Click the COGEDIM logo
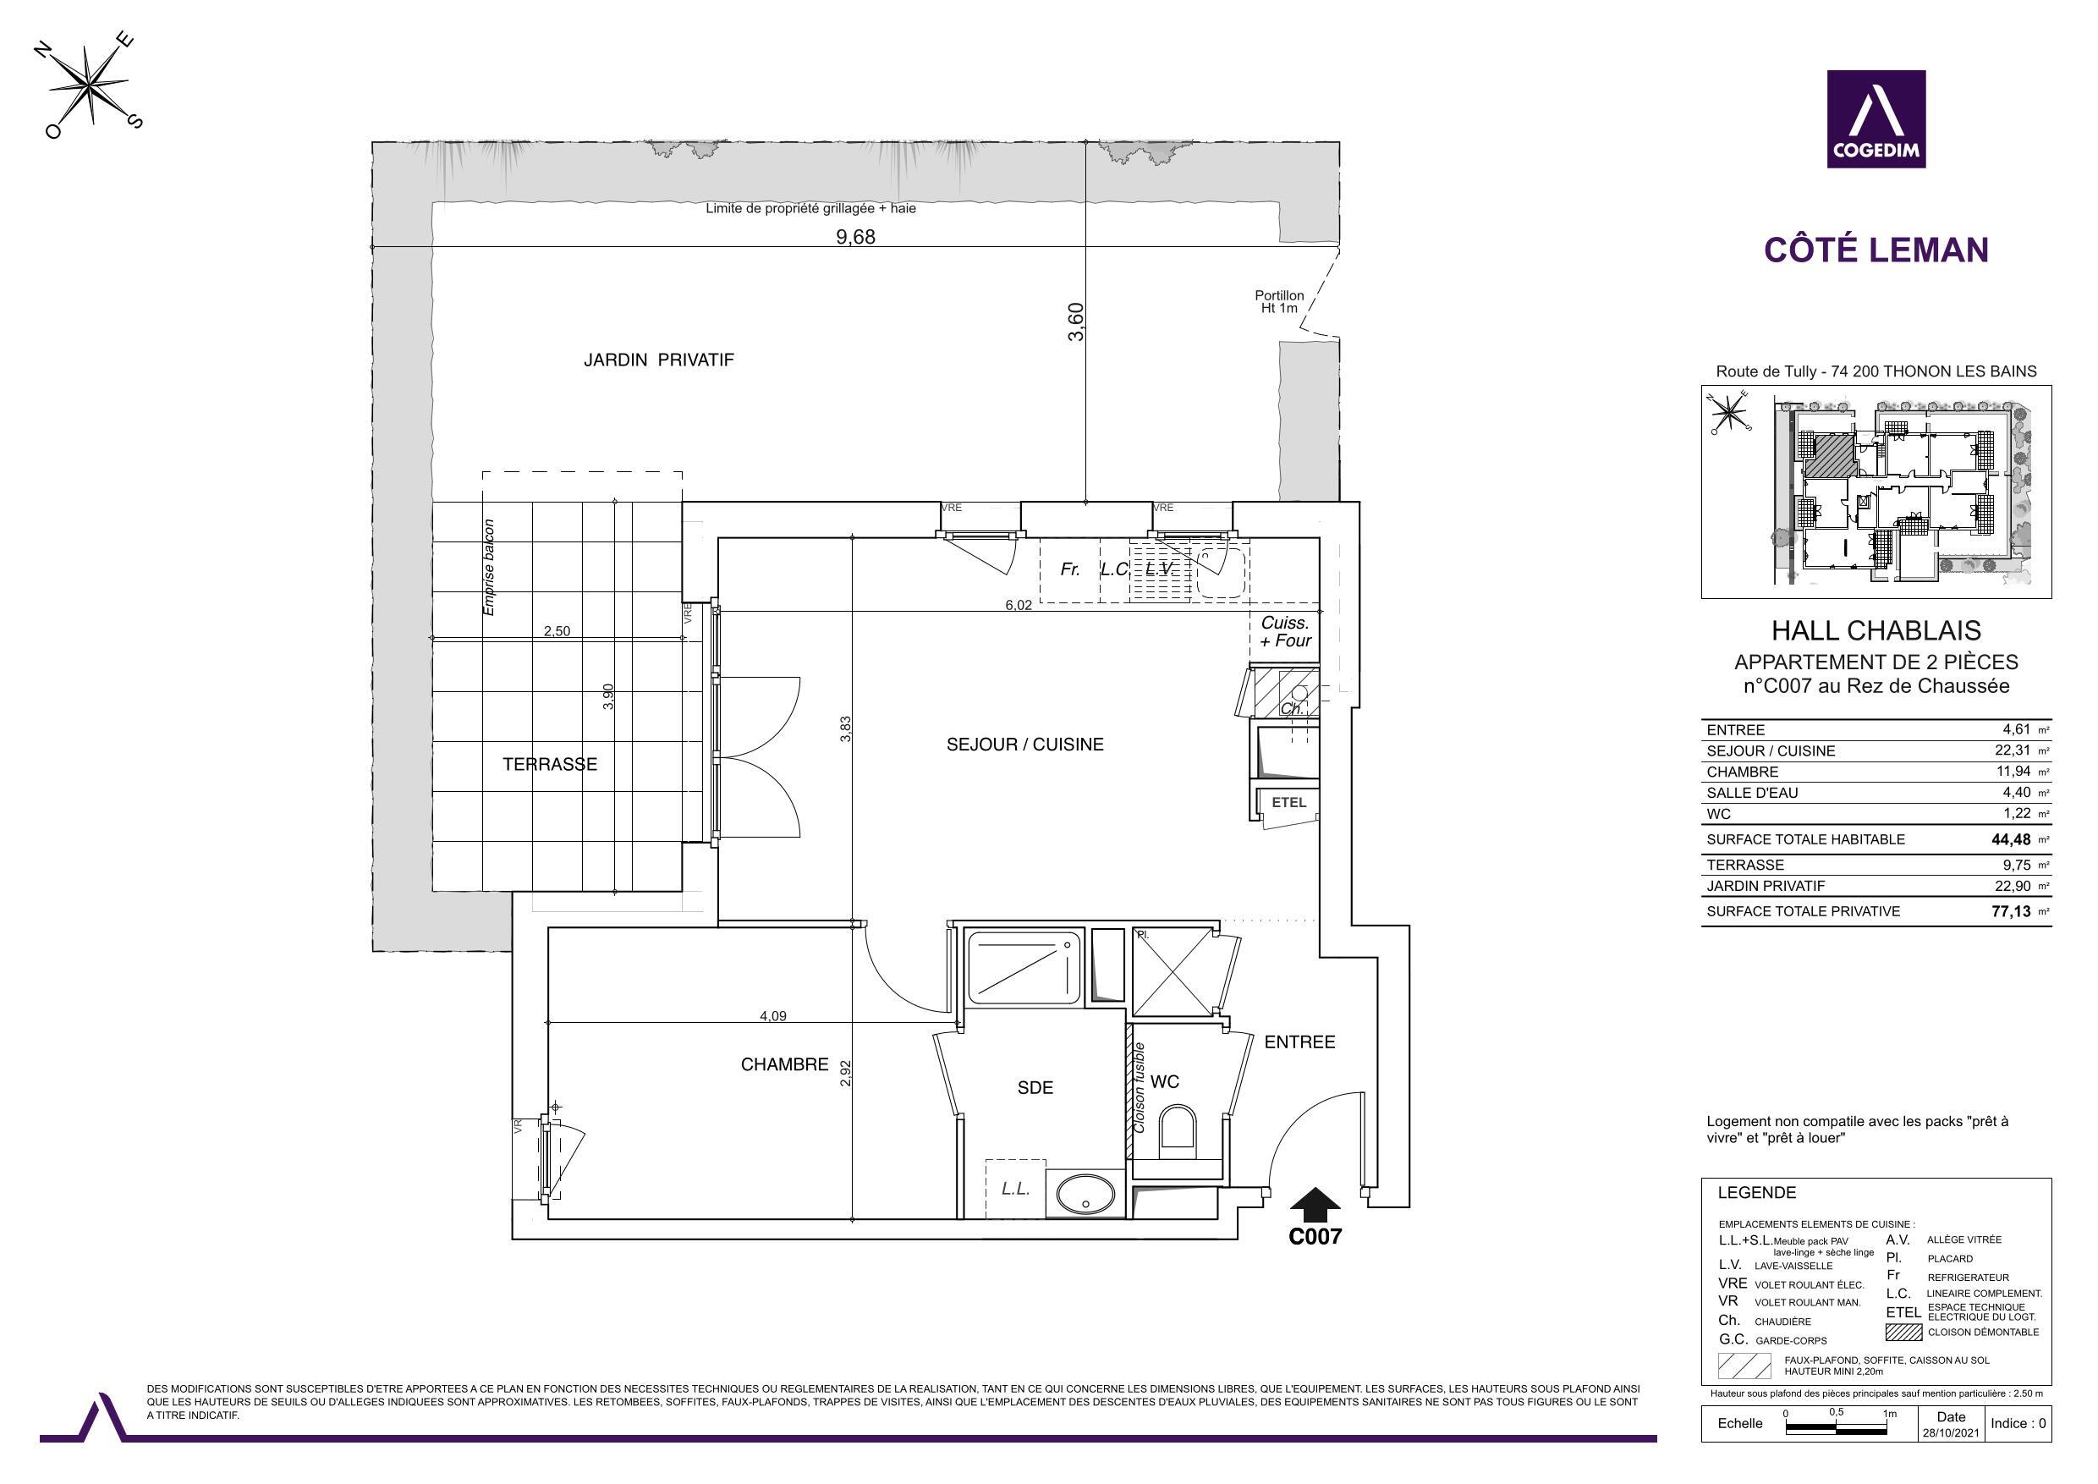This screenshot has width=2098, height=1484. [x=1876, y=118]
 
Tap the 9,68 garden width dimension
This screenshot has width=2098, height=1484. [x=855, y=238]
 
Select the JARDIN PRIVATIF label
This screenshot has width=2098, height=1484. [x=658, y=360]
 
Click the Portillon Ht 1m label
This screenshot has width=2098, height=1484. [x=1278, y=301]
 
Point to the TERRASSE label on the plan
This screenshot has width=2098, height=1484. [x=549, y=765]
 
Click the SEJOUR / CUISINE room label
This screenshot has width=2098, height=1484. [x=1024, y=745]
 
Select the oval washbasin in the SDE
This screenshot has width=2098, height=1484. [x=1085, y=1195]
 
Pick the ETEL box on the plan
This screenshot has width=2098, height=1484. [x=1288, y=802]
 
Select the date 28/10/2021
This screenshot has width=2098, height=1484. [x=1950, y=1433]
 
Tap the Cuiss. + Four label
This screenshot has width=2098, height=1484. [x=1285, y=631]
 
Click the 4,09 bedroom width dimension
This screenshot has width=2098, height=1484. [x=773, y=1015]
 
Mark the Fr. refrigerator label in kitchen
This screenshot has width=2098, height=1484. [x=1070, y=569]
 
